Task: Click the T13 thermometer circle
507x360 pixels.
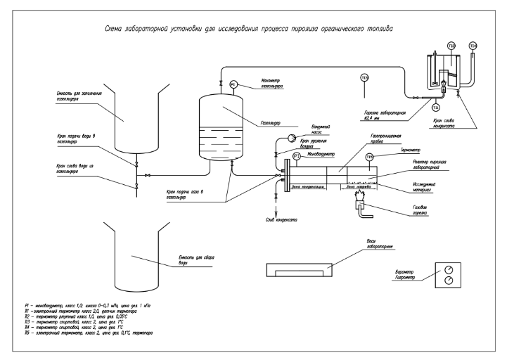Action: [364, 77]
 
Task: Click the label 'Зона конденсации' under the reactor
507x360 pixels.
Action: [307, 187]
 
